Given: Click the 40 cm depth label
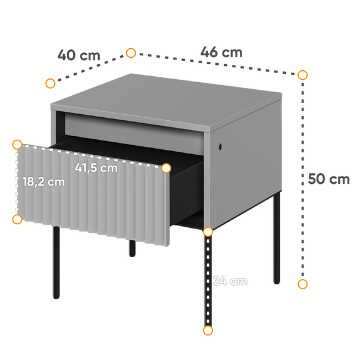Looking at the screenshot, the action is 79,55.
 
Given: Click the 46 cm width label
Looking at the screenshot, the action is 221,52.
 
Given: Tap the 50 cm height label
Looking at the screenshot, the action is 328,179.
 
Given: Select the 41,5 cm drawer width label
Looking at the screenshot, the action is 96,168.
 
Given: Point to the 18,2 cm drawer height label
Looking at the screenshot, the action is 43,182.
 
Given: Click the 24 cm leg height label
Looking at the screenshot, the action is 230,281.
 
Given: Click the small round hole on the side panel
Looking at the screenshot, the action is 220,146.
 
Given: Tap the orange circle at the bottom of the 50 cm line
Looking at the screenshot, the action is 302,284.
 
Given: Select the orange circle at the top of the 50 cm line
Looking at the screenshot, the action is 302,75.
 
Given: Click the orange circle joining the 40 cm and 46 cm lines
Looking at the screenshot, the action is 131,53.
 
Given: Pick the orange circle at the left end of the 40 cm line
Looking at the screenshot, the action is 50,83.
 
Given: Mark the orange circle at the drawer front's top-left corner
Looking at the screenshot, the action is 17,145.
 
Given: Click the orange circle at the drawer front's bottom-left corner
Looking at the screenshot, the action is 17,220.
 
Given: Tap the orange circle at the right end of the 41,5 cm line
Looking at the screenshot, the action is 166,168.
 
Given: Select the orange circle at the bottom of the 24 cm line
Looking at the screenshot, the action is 208,330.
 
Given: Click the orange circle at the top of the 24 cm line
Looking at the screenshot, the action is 208,232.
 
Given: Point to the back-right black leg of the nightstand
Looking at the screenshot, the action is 277,238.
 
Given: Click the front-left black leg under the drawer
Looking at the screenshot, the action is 57,262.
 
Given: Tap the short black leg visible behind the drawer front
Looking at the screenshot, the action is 132,248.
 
